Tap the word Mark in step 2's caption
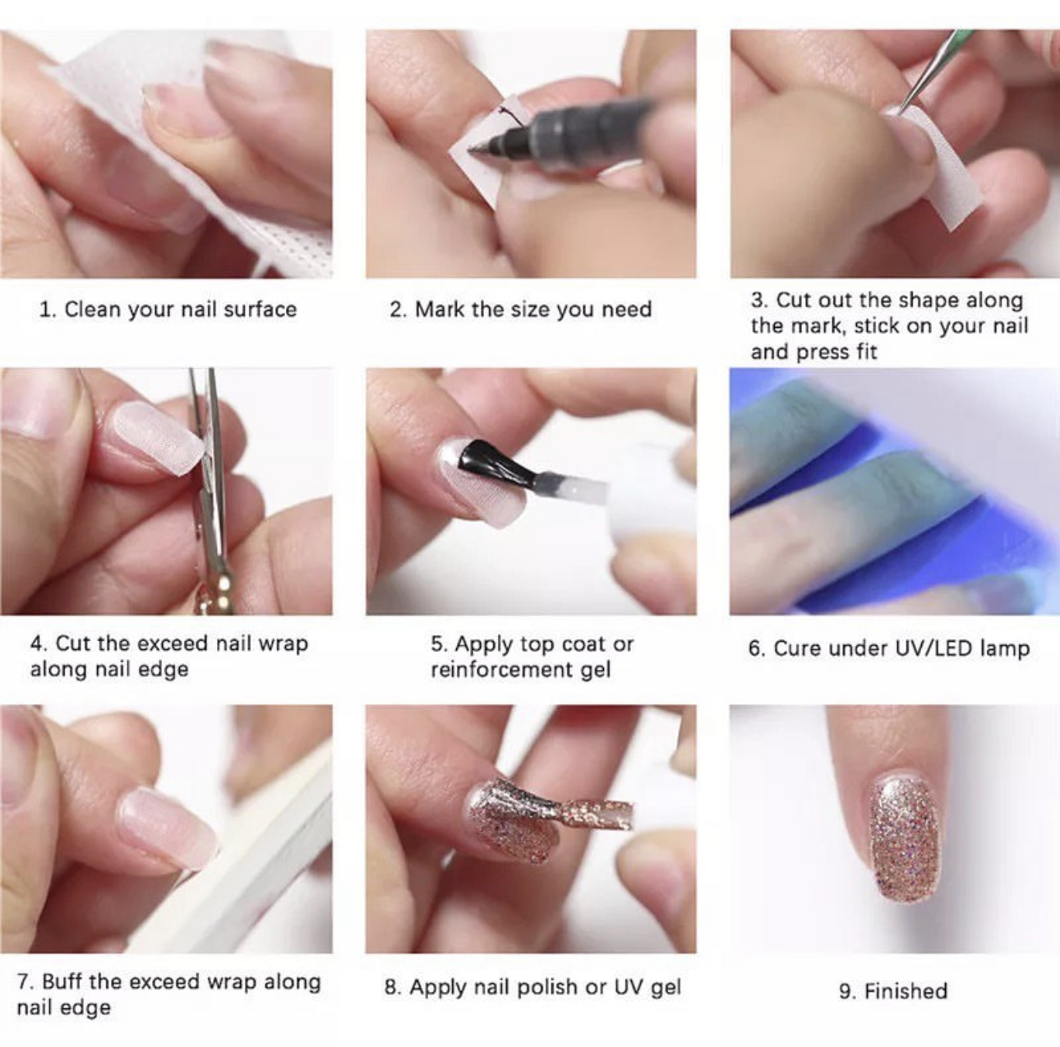point(440,309)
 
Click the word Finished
point(906,991)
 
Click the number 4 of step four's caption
point(37,643)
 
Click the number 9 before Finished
point(846,991)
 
